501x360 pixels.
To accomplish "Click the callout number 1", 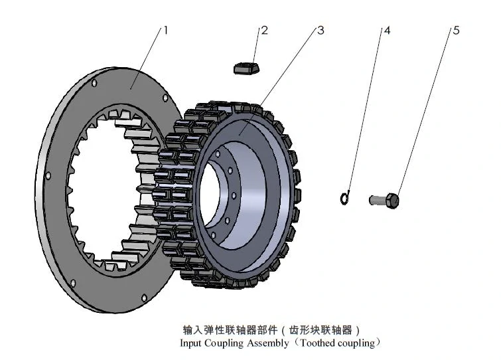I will click(x=166, y=30).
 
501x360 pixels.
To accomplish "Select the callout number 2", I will click(x=264, y=30).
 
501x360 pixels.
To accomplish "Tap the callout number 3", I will click(x=321, y=30).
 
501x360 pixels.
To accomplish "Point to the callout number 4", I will click(x=387, y=30).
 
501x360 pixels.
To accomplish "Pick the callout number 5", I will click(x=456, y=30).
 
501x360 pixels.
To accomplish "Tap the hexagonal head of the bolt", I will click(x=393, y=199).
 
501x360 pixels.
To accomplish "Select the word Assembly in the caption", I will click(x=268, y=343).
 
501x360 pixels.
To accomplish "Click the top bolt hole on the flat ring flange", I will click(x=94, y=83).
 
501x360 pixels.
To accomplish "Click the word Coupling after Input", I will click(x=226, y=343).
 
